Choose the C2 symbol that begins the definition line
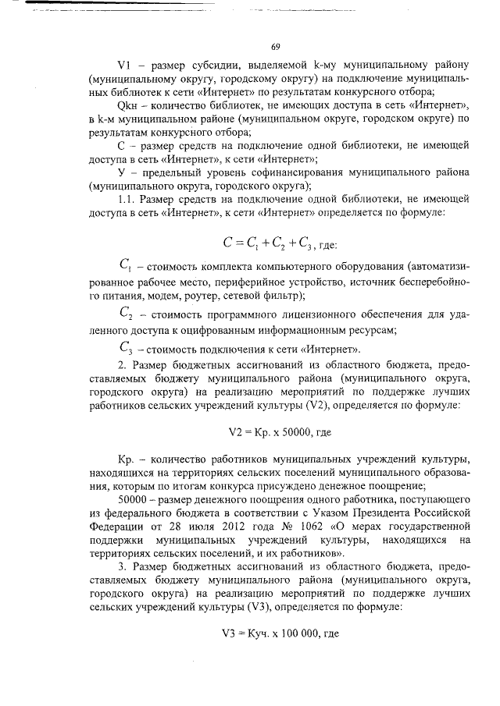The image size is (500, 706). coord(127,314)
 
